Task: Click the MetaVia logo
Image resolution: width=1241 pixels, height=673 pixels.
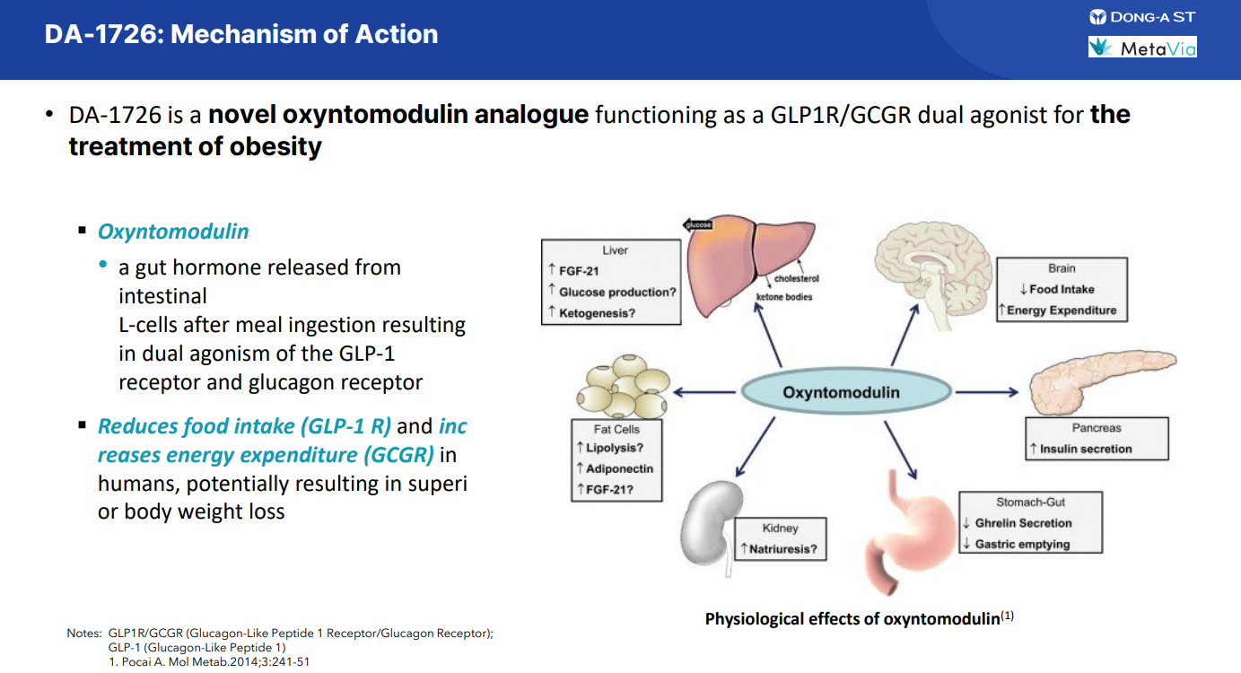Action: tap(1141, 48)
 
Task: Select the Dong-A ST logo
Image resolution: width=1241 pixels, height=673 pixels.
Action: tap(1141, 17)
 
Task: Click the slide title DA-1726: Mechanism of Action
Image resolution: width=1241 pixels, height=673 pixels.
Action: tap(241, 35)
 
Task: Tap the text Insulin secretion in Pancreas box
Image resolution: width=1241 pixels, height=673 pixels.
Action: tap(1086, 449)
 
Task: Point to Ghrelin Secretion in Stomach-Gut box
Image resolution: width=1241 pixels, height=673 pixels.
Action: tap(1023, 523)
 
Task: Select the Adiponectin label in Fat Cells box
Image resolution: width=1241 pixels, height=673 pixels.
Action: tap(619, 468)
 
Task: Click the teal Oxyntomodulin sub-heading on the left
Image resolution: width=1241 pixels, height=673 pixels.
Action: tap(173, 232)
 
